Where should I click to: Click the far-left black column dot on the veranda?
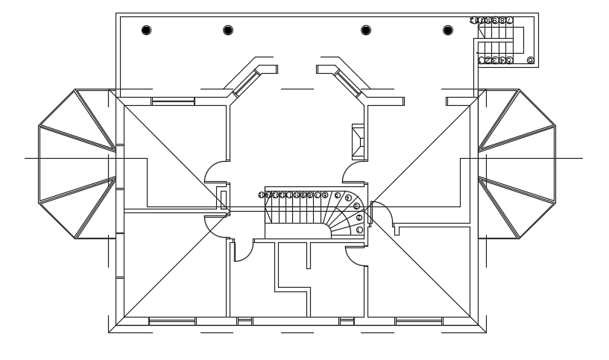coord(146,31)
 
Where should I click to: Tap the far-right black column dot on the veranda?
coord(447,31)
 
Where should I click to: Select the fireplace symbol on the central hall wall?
coord(358,141)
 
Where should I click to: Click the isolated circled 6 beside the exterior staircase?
coord(530,60)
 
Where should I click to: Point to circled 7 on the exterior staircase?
coord(509,21)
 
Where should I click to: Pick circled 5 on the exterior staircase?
coord(509,60)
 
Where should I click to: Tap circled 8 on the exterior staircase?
coord(502,21)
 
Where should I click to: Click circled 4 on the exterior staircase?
coord(502,60)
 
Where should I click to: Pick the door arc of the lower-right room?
coord(355,256)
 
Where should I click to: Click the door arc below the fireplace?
coord(353,172)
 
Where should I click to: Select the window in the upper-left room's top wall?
coord(173,101)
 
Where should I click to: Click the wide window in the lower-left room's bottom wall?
coord(172,321)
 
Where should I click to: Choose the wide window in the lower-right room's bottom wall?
coord(418,321)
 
